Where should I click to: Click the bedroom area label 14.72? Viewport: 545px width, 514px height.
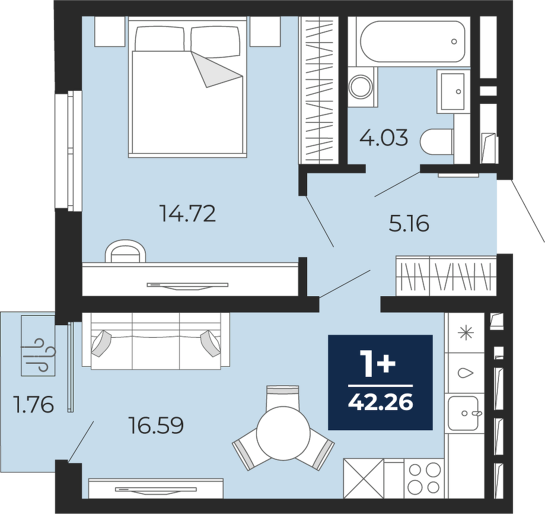187,214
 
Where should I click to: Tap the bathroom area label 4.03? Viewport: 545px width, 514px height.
384,138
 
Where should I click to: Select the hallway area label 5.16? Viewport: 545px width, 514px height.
409,223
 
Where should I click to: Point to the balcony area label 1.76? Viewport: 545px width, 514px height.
33,404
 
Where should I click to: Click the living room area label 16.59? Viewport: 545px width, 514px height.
156,426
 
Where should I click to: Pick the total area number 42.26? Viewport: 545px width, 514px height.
381,403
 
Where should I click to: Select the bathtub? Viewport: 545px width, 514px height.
413,42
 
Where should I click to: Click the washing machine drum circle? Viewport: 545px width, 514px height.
361,87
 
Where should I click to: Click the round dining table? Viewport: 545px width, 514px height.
283,433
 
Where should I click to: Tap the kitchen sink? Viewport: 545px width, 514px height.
463,413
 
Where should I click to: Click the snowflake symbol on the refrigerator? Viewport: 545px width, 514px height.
466,333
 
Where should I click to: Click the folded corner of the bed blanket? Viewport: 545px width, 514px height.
217,69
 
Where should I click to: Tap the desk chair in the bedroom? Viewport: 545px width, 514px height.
125,250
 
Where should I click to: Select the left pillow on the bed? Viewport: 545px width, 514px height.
160,39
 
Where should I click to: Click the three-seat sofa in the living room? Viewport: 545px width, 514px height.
156,340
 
